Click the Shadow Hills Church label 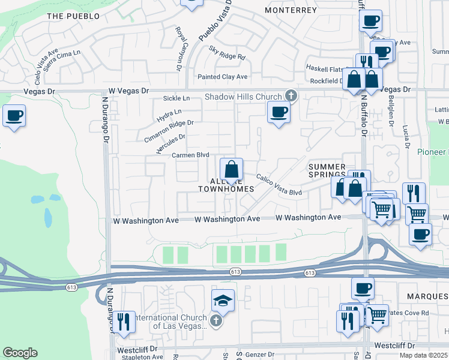pos(243,97)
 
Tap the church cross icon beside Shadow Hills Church pos(291,95)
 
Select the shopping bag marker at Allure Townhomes pos(231,170)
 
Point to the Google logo pos(20,353)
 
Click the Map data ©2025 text pos(423,355)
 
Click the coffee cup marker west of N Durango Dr pos(14,115)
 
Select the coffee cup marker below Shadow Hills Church pos(279,112)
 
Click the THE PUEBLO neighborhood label pos(73,16)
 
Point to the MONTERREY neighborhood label pos(291,10)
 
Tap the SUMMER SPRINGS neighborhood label pos(327,170)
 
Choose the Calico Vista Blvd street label pos(279,184)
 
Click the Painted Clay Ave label pos(223,77)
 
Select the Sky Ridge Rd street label pos(228,53)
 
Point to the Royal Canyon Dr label pos(178,49)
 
